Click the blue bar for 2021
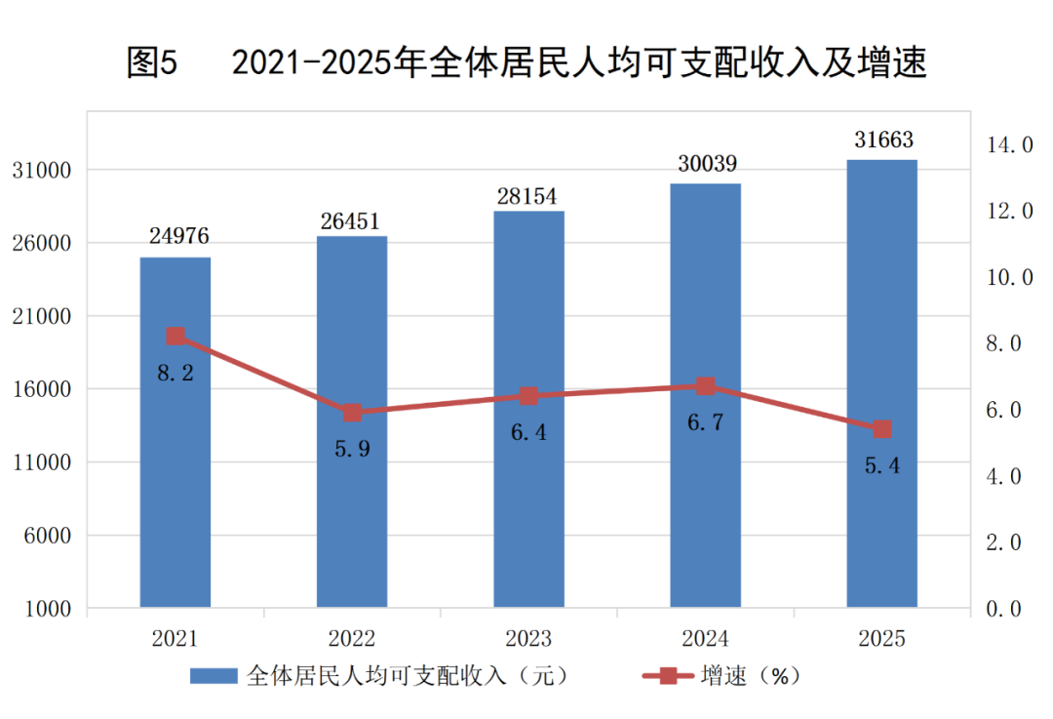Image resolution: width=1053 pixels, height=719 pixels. click(175, 432)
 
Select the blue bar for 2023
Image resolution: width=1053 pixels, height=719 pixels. click(528, 409)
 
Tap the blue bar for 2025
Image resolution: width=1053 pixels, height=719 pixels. click(881, 383)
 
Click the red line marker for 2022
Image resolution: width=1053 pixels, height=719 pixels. click(353, 413)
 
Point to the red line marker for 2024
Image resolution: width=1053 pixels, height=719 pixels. click(705, 386)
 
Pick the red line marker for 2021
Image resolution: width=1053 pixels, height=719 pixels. click(175, 337)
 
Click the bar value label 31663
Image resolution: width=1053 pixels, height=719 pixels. click(883, 140)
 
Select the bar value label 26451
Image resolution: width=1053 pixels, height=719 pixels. click(350, 221)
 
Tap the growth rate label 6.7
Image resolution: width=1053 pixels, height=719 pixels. click(705, 422)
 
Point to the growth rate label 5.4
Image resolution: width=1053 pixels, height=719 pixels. click(881, 465)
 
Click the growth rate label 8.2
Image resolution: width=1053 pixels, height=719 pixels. click(175, 373)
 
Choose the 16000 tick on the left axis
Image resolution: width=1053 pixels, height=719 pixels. click(42, 389)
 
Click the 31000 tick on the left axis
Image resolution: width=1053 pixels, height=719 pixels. click(42, 171)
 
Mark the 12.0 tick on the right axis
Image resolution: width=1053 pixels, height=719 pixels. click(1009, 211)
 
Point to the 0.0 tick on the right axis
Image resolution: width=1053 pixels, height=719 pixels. click(1003, 609)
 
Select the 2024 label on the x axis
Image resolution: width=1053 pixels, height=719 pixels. click(705, 638)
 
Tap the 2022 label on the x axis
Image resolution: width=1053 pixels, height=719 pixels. click(351, 638)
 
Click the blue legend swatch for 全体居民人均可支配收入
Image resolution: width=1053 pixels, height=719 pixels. click(214, 676)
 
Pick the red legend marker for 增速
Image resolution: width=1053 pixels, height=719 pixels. click(668, 676)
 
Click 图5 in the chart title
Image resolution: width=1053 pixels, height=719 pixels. click(152, 62)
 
